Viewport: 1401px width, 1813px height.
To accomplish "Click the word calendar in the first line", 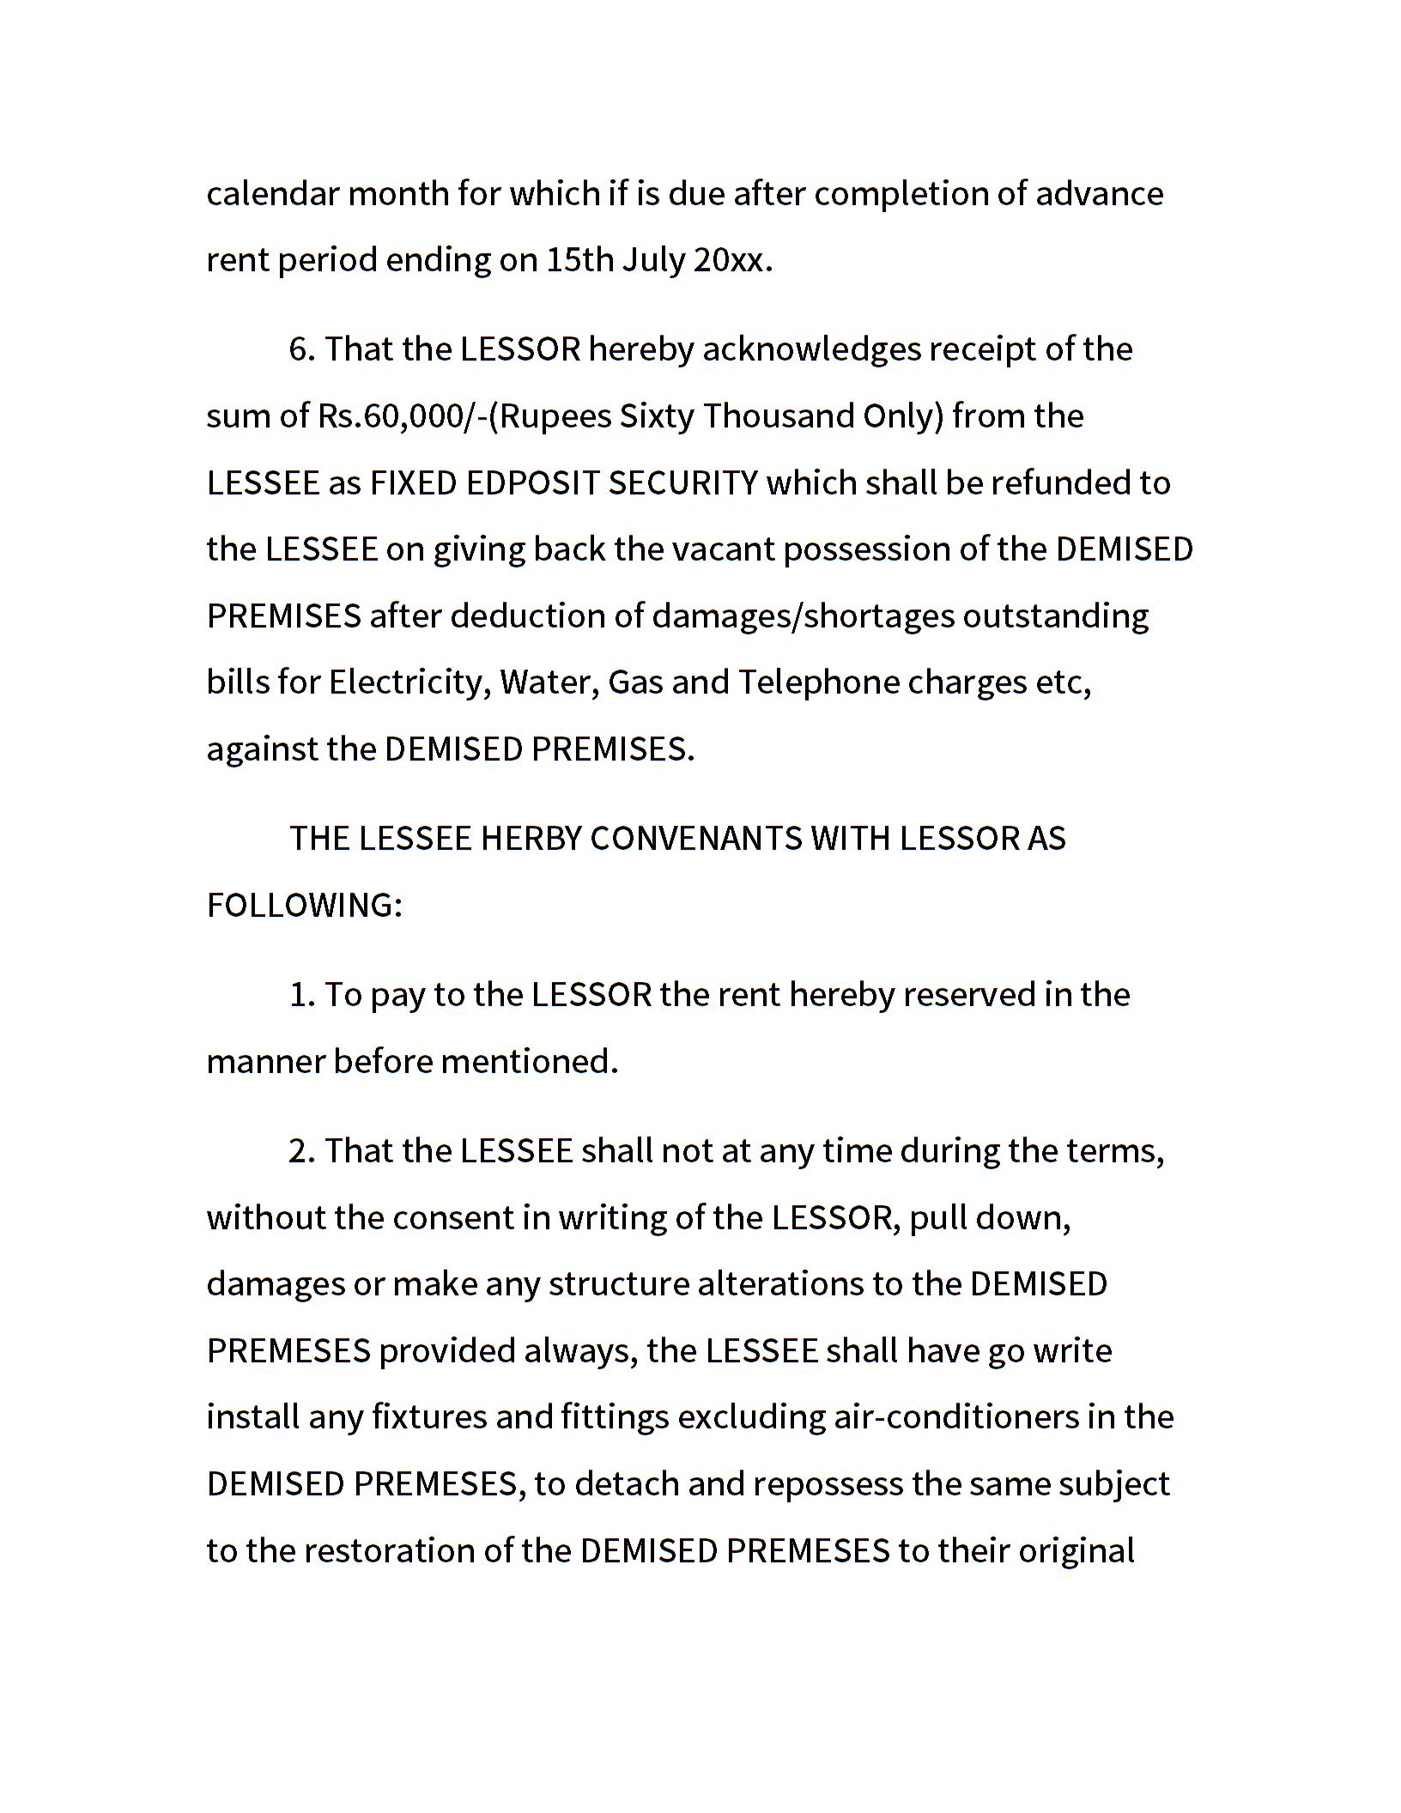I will (273, 194).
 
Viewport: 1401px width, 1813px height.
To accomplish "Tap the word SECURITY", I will (683, 483).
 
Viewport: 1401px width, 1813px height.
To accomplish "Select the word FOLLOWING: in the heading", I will (305, 906).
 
